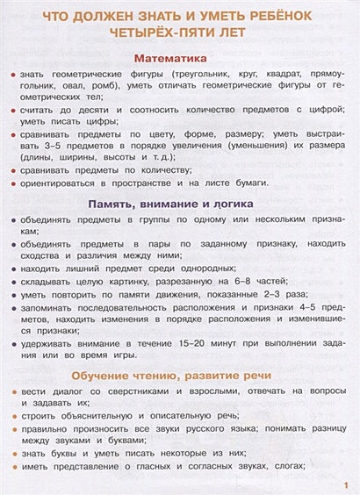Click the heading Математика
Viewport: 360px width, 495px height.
(x=179, y=57)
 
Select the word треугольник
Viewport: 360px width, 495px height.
(x=207, y=76)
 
